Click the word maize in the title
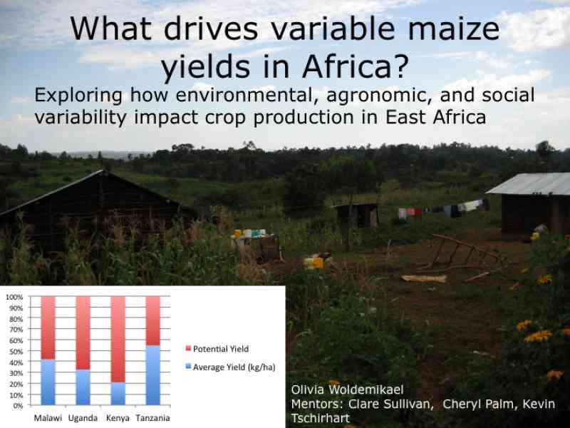454,29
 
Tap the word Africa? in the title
355,67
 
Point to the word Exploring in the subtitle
78,96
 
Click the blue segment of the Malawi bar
48,382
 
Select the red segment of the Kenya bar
118,340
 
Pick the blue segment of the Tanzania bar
152,375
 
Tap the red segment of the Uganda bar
83,333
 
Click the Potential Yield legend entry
217,349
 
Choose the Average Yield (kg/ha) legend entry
230,367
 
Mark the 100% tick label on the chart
14,297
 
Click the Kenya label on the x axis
118,418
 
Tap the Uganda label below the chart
83,418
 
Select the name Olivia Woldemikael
347,389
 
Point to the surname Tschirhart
320,418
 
